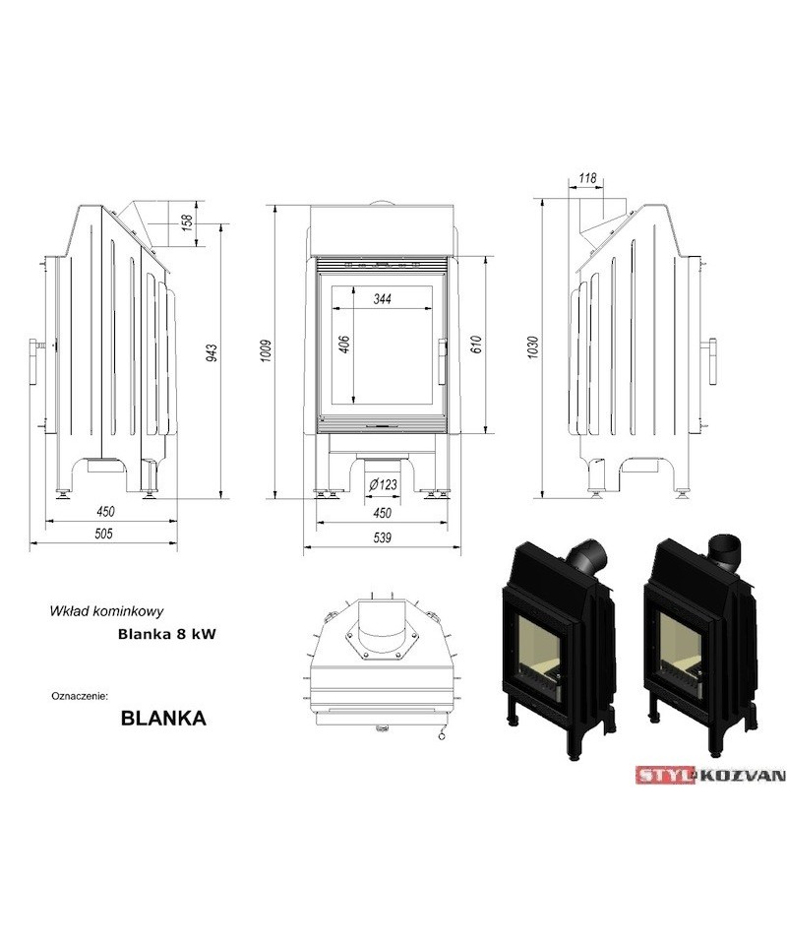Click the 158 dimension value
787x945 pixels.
tap(187, 222)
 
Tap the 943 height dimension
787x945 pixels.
tap(212, 352)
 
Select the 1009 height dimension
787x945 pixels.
tap(266, 351)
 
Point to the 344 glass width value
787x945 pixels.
tap(383, 298)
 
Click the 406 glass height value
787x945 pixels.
tap(344, 345)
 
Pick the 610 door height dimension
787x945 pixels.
tap(476, 345)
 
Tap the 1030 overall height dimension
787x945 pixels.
tap(532, 347)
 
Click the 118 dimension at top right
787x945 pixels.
tap(587, 178)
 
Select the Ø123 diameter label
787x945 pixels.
tap(383, 484)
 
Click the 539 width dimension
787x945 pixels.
tap(383, 537)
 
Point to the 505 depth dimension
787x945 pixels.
tap(104, 534)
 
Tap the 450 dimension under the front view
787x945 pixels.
tap(383, 513)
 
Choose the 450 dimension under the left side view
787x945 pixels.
tap(105, 512)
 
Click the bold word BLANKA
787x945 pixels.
tap(163, 718)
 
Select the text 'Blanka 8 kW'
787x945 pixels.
tap(167, 634)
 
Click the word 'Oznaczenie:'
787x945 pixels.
tap(80, 696)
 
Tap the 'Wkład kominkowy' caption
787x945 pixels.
tap(106, 611)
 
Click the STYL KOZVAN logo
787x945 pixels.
tap(710, 775)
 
